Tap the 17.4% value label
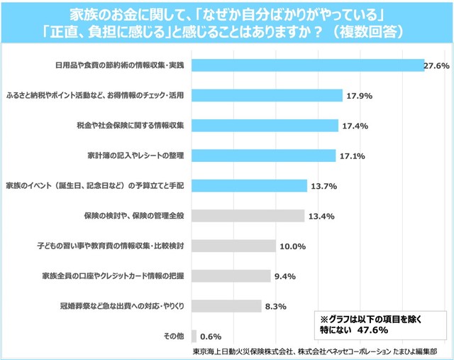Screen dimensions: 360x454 coord(354,125)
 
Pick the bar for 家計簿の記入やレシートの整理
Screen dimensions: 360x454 coord(263,155)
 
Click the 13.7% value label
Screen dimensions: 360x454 coord(323,185)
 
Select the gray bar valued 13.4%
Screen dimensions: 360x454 coord(248,215)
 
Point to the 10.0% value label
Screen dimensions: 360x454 coord(292,246)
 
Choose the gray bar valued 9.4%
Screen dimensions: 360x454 coord(231,276)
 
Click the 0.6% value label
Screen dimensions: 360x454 coord(211,336)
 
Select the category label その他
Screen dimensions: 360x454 coord(174,335)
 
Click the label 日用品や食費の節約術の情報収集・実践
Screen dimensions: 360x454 coord(120,65)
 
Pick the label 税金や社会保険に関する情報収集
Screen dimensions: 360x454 coord(131,125)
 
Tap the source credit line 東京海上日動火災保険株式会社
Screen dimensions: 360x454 coord(241,351)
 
